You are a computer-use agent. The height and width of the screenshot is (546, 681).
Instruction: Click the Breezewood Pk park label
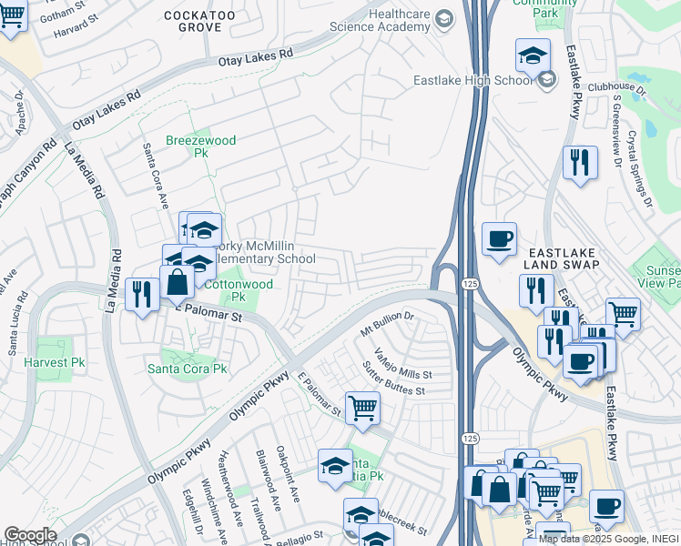pyautogui.click(x=201, y=147)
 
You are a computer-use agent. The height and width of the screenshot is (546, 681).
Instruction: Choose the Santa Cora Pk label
pyautogui.click(x=188, y=369)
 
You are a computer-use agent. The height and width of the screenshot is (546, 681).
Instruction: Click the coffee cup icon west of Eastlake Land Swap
pyautogui.click(x=499, y=239)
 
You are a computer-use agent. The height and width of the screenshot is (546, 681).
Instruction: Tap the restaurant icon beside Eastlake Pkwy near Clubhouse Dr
pyautogui.click(x=579, y=164)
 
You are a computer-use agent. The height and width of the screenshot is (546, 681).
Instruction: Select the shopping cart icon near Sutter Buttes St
pyautogui.click(x=362, y=408)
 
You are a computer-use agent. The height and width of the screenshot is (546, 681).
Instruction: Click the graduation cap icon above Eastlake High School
pyautogui.click(x=533, y=56)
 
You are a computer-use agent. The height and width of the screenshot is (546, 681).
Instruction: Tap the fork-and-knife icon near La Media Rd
pyautogui.click(x=142, y=294)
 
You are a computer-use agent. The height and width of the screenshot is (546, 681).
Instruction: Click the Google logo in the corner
pyautogui.click(x=30, y=535)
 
